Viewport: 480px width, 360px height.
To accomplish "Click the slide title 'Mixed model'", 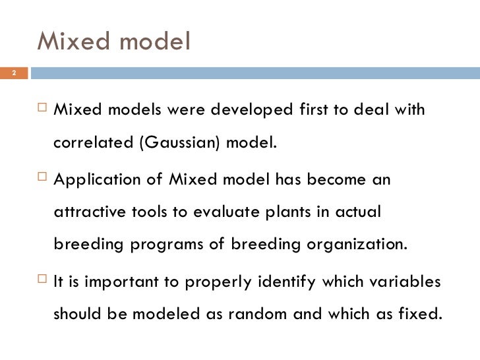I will coord(113,41).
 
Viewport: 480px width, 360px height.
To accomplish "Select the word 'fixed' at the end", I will coord(419,314).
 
